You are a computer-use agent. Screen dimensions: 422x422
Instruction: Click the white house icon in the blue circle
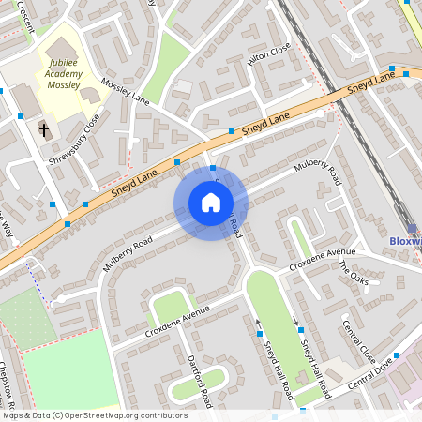click(211, 202)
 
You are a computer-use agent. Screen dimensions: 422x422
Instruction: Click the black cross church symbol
click(43, 128)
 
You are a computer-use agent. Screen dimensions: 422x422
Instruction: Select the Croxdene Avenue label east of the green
click(323, 259)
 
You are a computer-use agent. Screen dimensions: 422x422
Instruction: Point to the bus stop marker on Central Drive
click(397, 355)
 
